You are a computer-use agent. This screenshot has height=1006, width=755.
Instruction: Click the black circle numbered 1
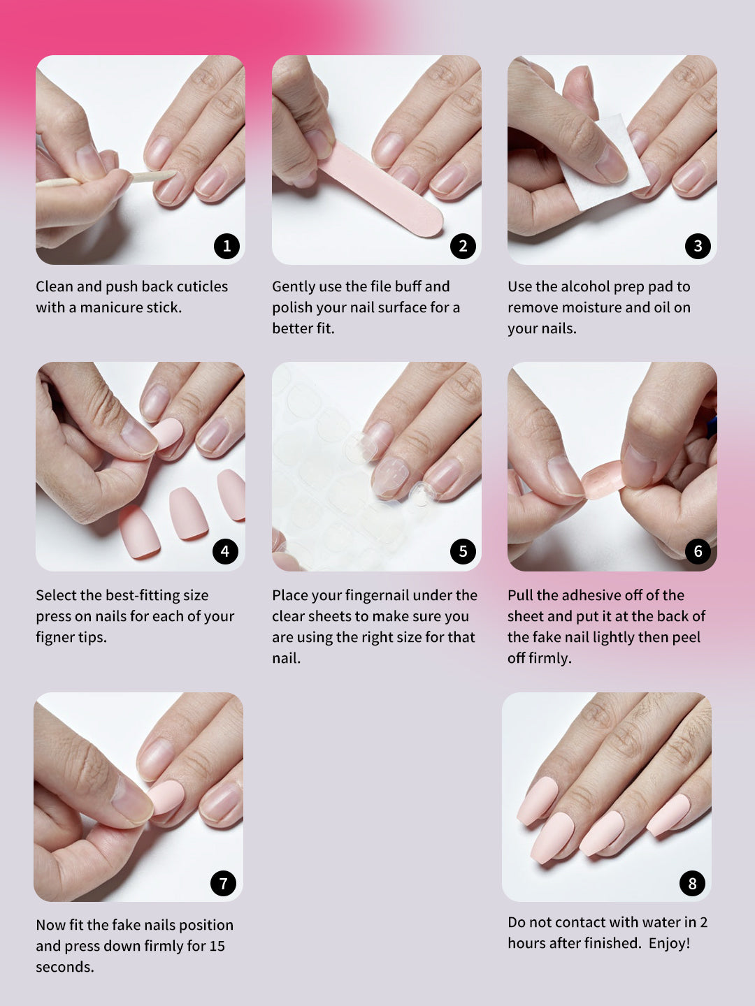(226, 246)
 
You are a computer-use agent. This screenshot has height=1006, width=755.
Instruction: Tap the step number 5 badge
(463, 551)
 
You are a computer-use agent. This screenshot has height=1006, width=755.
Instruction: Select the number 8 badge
(692, 883)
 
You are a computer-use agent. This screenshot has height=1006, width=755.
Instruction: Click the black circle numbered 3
(698, 246)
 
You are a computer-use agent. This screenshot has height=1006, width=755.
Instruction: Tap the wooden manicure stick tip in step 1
(175, 173)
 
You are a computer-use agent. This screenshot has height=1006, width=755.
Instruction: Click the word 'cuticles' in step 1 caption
(202, 286)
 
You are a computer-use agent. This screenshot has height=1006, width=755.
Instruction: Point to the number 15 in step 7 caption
(217, 946)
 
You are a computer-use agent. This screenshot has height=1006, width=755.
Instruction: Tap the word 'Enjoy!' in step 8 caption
(669, 943)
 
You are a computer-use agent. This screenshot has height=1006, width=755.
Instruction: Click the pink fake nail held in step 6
(603, 481)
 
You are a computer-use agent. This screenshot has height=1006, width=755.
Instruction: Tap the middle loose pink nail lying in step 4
(189, 513)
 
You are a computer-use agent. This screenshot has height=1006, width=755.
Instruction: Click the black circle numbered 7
(223, 883)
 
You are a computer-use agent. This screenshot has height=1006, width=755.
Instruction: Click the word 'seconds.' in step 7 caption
(65, 967)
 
